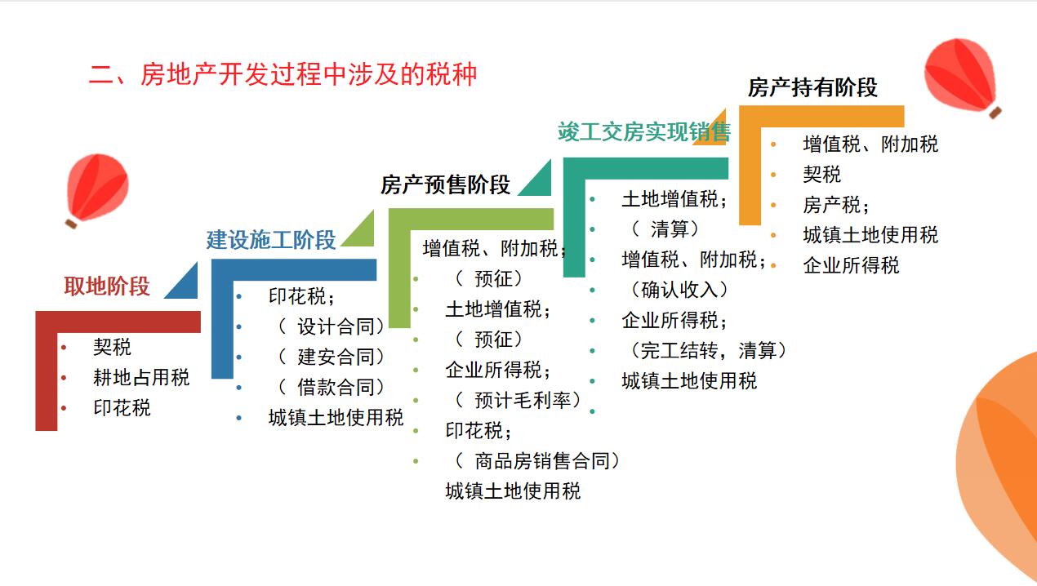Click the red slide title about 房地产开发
283,75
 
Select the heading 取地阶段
107,286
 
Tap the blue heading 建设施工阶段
271,240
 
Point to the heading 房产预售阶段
445,185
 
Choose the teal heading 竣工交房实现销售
643,132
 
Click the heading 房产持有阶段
812,88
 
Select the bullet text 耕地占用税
141,377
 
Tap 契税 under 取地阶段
112,347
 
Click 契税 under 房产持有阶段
821,175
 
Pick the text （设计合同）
330,326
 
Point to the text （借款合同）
330,387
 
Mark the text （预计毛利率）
518,400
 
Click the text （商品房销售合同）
536,461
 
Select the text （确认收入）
679,290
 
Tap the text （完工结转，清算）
707,350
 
